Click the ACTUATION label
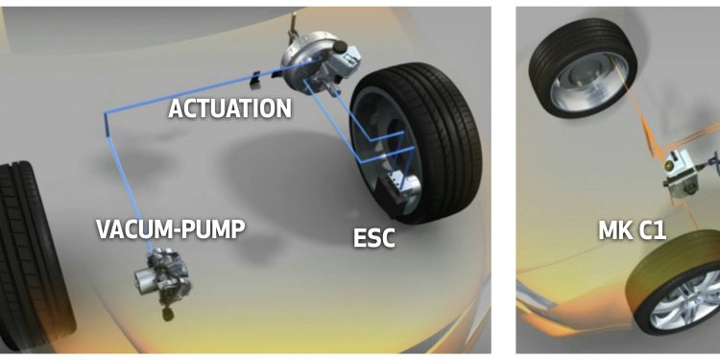(x=229, y=108)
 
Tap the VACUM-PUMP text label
(x=170, y=228)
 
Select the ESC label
(x=373, y=238)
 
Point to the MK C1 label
(x=632, y=230)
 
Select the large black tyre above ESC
(x=416, y=142)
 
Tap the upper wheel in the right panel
(x=583, y=67)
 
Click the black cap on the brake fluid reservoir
(x=339, y=46)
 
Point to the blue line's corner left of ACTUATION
(x=106, y=112)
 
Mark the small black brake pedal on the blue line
(x=254, y=80)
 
